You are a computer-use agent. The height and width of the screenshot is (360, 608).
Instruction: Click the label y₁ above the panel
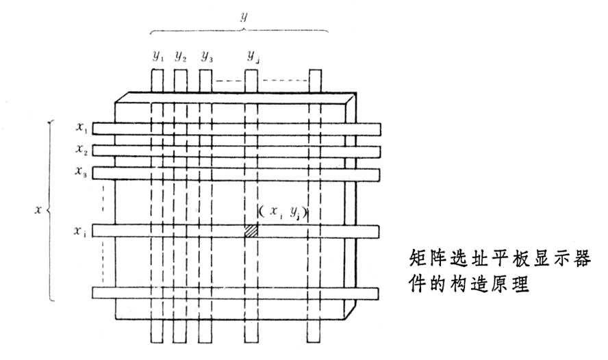(158, 56)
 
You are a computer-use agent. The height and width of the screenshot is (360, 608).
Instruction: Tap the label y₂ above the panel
(180, 56)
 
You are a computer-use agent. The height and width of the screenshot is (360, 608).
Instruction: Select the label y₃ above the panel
(206, 56)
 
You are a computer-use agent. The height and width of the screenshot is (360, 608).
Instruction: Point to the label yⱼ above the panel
(253, 56)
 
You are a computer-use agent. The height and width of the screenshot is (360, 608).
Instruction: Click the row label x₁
(82, 127)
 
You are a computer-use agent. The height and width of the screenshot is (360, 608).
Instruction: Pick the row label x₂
(82, 149)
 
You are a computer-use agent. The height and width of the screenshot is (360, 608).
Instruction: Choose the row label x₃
(82, 172)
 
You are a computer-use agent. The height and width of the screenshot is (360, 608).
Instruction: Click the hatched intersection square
(251, 231)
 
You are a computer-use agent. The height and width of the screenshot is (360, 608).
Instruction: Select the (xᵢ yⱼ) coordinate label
(281, 213)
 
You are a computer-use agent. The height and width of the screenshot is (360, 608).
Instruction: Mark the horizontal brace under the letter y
(239, 30)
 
